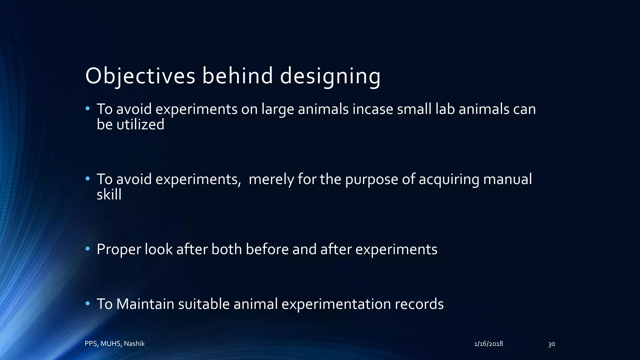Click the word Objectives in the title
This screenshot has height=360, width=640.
[x=140, y=76]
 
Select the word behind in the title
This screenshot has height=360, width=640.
[x=237, y=76]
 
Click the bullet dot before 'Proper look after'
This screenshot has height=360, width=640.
[x=88, y=249]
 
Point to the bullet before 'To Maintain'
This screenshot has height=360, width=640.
[x=88, y=303]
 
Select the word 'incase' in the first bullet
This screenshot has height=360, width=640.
[x=372, y=109]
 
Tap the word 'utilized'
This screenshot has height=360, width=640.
[x=140, y=125]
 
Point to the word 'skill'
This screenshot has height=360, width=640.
[x=109, y=195]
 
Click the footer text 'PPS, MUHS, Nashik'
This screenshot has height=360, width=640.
[x=115, y=344]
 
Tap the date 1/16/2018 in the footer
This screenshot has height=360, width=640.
[x=488, y=344]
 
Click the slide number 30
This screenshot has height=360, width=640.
[x=551, y=344]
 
